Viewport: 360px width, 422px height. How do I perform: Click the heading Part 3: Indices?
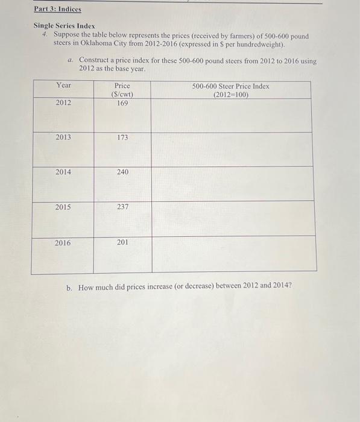point(57,10)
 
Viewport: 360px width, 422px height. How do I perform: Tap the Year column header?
point(63,86)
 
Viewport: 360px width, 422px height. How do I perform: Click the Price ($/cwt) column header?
point(122,90)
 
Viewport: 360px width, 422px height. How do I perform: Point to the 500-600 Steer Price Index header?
point(231,90)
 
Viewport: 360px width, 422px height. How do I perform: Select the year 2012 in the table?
point(63,103)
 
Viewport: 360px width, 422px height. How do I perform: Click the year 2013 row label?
point(63,137)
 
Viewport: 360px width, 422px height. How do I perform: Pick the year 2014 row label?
point(63,172)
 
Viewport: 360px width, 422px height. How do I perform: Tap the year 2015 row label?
point(63,207)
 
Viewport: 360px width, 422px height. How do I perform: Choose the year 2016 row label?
point(63,242)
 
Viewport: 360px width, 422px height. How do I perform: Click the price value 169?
point(122,103)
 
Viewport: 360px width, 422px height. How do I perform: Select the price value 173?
point(122,137)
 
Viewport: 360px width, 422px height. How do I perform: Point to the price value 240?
point(122,172)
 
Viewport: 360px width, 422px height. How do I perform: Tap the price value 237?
point(122,207)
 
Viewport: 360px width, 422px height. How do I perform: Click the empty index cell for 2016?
point(233,254)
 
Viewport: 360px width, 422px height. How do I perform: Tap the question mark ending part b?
point(290,286)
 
